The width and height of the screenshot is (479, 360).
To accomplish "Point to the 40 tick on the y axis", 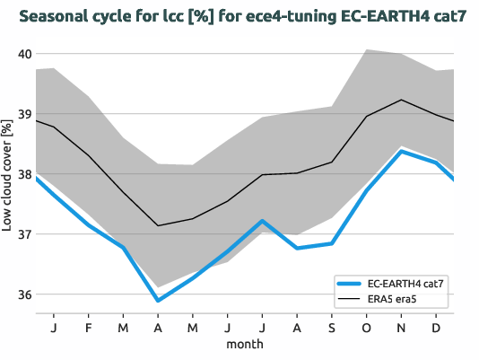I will point(23,54).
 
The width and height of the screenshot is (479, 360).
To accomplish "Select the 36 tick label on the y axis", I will point(23,294).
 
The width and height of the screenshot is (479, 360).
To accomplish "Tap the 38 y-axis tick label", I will point(23,174).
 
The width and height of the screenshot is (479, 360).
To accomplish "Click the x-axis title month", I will point(244,345).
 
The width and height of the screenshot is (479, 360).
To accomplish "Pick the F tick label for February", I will point(88,328).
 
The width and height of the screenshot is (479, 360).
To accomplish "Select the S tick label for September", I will point(332,328).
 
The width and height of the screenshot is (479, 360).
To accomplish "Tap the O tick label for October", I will point(367,328).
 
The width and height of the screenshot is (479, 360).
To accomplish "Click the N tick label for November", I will point(401,328).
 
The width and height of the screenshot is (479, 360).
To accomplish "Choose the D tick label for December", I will point(436,328).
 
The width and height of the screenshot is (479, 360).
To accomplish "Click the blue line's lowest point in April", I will point(158,300).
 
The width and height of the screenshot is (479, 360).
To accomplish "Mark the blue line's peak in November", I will point(402,151).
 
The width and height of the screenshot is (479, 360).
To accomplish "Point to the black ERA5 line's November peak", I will point(402,100).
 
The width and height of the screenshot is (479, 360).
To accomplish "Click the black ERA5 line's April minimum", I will point(158,225).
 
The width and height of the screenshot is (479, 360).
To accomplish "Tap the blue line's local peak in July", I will point(262,221).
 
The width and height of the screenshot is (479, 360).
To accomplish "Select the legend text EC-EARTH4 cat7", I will point(405,283).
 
